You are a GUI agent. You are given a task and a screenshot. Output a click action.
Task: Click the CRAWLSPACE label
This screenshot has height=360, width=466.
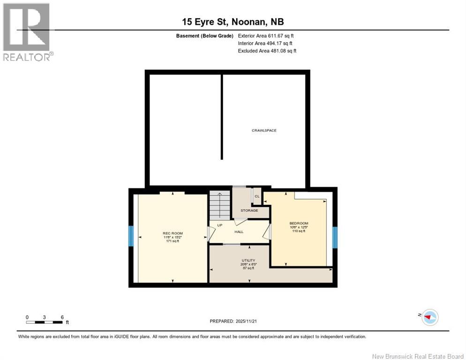pyautogui.click(x=264, y=130)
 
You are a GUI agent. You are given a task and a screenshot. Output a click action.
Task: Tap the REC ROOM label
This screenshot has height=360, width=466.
pyautogui.click(x=173, y=233)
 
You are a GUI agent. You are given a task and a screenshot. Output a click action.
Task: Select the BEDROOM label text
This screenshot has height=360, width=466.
pyautogui.click(x=299, y=223)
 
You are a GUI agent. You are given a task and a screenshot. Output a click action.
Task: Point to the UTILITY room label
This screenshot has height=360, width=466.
pyautogui.click(x=248, y=260)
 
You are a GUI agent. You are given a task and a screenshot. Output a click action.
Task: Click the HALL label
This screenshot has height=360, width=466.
pyautogui.click(x=239, y=232)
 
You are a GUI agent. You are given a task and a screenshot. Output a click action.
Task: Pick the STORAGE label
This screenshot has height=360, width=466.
pyautogui.click(x=249, y=210)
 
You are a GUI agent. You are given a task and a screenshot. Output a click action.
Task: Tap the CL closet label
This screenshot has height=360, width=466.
pyautogui.click(x=257, y=196)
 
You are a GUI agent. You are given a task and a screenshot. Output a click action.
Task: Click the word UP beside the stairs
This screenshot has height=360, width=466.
pyautogui.click(x=219, y=225)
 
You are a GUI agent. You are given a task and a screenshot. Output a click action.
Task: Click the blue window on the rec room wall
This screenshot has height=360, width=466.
pyautogui.click(x=131, y=236)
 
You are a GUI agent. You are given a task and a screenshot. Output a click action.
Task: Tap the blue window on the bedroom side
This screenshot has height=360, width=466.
pyautogui.click(x=335, y=237)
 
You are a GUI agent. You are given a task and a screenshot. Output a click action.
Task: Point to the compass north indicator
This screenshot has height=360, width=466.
pyautogui.click(x=429, y=317)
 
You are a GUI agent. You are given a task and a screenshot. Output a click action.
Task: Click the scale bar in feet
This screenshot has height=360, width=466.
pyautogui.click(x=45, y=322)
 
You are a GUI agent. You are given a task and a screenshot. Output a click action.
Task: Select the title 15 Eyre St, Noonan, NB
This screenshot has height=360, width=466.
pyautogui.click(x=233, y=22)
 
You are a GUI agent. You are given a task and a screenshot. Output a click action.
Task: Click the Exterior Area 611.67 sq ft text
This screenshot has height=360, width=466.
pyautogui.click(x=266, y=36)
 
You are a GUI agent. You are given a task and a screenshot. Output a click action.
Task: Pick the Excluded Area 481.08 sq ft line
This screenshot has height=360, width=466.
pyautogui.click(x=267, y=51)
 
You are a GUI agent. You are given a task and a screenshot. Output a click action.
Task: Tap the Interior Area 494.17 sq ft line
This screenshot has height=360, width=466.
pyautogui.click(x=265, y=43)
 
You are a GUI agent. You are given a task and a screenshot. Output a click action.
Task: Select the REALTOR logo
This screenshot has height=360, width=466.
pyautogui.click(x=28, y=32)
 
